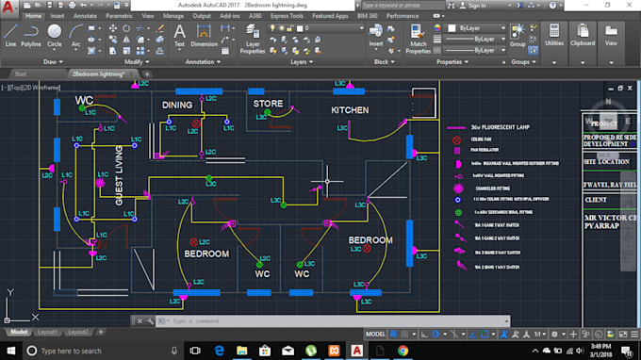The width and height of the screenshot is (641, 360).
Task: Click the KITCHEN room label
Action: click(x=350, y=110)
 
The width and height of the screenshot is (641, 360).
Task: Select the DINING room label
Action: click(x=177, y=105)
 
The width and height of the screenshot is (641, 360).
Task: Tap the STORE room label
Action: click(x=268, y=104)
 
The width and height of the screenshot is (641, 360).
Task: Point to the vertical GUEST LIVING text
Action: click(x=119, y=175)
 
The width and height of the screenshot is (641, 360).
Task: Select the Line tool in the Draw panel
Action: click(x=10, y=35)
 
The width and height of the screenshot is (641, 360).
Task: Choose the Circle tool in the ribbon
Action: click(x=55, y=35)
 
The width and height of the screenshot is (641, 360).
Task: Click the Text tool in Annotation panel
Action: click(x=179, y=35)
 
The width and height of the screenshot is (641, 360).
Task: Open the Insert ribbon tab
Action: click(x=57, y=16)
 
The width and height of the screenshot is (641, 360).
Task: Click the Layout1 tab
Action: click(x=49, y=333)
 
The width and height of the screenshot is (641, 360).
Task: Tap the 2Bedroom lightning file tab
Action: click(x=104, y=73)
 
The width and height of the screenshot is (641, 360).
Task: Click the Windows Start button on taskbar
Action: click(x=8, y=351)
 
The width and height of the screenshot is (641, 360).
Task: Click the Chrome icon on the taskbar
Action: click(x=403, y=351)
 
